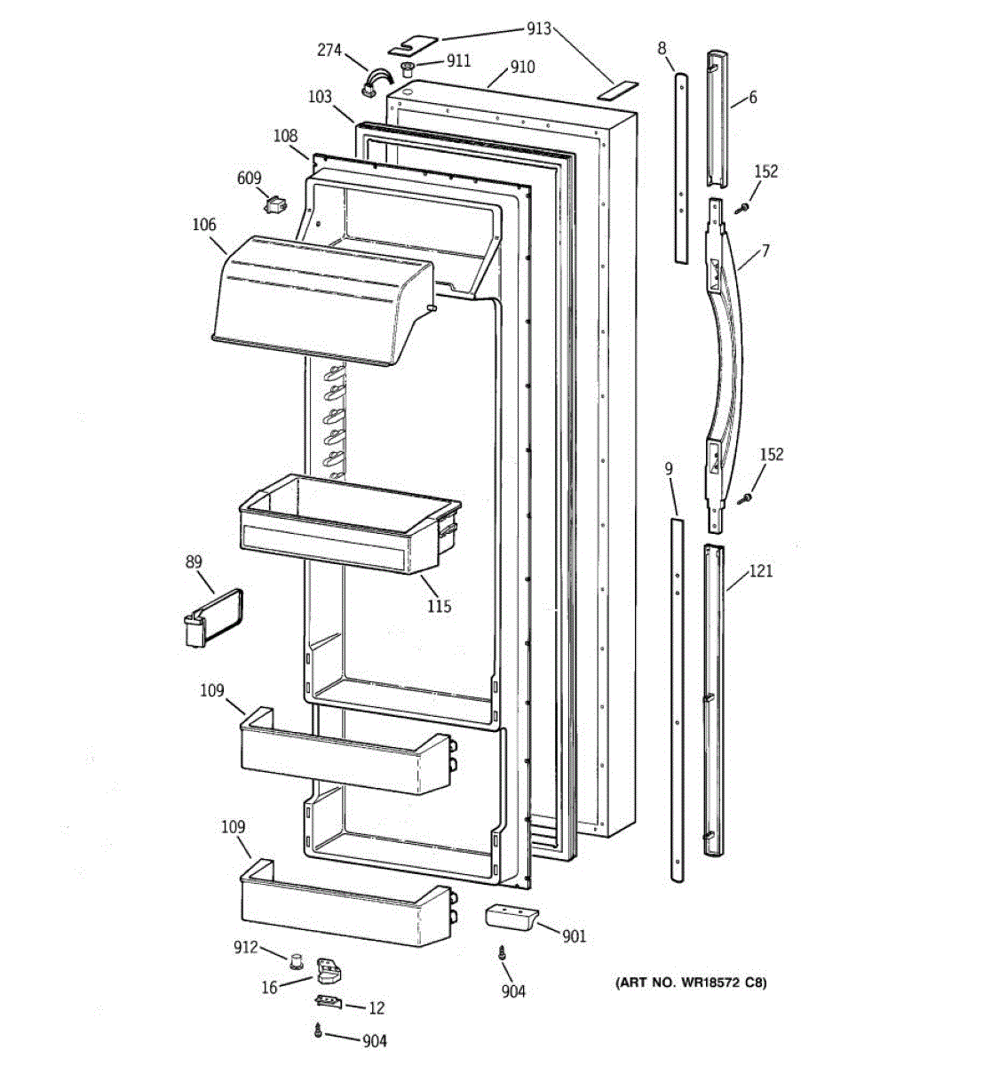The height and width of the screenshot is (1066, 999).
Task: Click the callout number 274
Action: [x=329, y=51]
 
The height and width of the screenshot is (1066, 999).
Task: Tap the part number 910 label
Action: [x=522, y=67]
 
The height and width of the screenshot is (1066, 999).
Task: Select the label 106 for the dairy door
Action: [x=204, y=225]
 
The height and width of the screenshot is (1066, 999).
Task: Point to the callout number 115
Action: [x=439, y=606]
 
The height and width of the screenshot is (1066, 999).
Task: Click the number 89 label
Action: [x=194, y=561]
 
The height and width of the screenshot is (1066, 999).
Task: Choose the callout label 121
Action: [x=761, y=571]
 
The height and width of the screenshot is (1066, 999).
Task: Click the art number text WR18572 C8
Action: [x=691, y=982]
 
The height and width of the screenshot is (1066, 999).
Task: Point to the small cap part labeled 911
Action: [x=408, y=68]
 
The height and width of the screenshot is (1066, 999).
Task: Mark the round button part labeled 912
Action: [x=296, y=958]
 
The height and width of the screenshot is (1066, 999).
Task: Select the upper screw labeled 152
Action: [x=741, y=207]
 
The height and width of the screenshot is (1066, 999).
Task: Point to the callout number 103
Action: [x=320, y=97]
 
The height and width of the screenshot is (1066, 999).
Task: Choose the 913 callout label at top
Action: [x=538, y=28]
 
